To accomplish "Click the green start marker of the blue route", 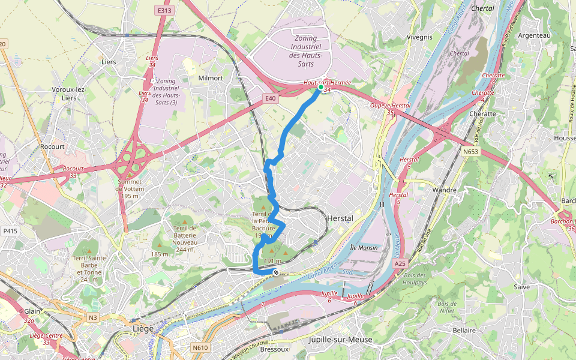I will point(321,88).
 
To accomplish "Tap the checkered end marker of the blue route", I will point(275,273).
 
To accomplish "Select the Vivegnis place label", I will point(419,37).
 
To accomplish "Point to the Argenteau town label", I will point(534,35).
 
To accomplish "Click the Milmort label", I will point(210,78).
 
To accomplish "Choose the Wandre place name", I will point(445,190).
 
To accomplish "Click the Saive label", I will point(522,287).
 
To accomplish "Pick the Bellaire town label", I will point(464,330).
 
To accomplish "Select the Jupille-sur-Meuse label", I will point(340,340).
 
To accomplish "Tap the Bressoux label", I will point(275,349).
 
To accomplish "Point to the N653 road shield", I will point(470,152).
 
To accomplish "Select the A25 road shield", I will point(400,263).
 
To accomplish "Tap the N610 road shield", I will point(200,347).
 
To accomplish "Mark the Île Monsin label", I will point(364,247).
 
